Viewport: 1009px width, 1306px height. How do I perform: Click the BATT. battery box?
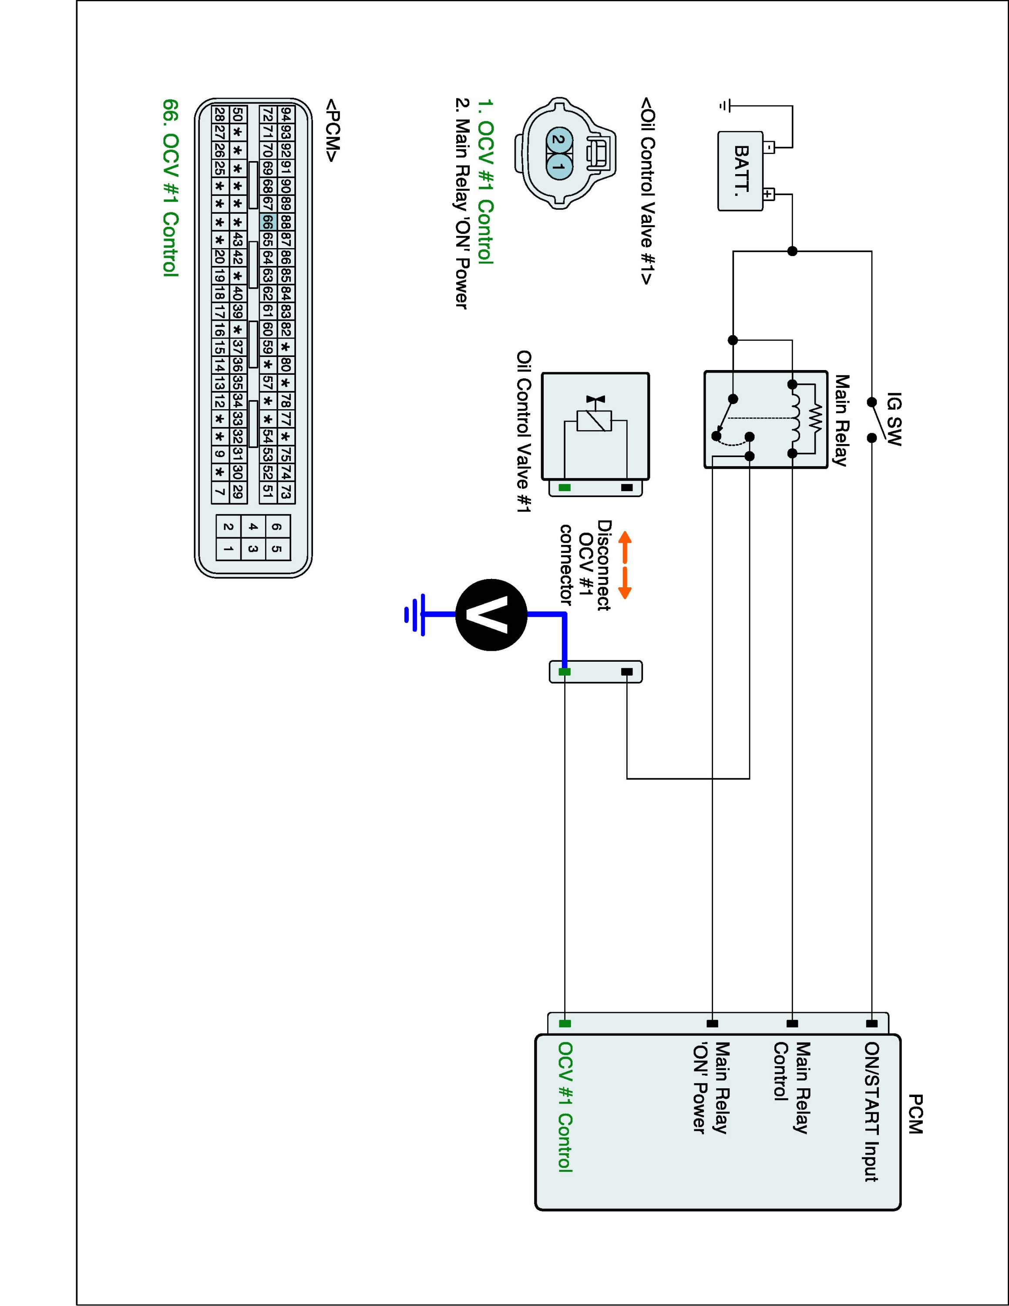740,171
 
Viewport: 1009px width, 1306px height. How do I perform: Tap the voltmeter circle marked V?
491,615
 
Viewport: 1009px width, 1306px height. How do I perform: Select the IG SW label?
894,419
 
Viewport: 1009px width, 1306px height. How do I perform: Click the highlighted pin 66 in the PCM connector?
267,222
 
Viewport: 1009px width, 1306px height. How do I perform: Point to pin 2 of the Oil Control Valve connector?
558,140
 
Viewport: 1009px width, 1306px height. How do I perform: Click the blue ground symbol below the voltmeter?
415,615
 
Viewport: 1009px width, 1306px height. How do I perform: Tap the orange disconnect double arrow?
625,565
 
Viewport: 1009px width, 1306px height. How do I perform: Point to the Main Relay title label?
841,421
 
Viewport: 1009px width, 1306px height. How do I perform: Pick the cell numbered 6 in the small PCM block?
276,527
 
